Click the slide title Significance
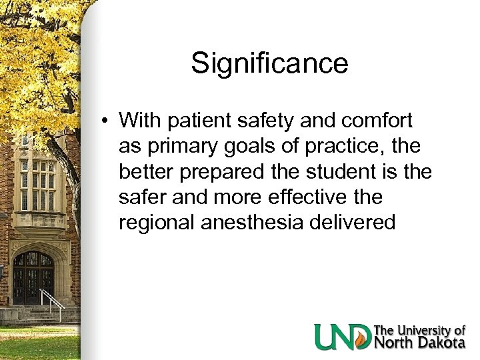269,63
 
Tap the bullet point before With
106,121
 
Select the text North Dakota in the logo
419,343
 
